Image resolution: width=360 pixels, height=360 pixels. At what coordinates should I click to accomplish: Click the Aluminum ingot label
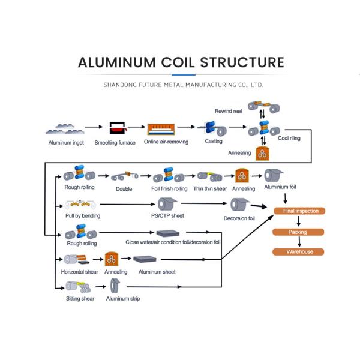pos(66,143)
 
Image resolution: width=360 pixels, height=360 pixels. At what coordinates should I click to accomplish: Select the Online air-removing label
pos(166,142)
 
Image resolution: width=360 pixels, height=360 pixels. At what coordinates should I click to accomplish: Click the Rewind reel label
pos(227,112)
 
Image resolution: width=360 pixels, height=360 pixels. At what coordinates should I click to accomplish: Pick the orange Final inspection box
pos(299,211)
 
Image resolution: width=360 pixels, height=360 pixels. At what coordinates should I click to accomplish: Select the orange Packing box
pos(298,231)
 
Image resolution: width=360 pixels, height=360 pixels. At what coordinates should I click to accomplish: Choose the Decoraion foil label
pos(239,218)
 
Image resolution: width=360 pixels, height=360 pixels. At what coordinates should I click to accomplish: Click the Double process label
pos(124,189)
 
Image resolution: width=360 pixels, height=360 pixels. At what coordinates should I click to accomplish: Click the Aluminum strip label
pos(123,298)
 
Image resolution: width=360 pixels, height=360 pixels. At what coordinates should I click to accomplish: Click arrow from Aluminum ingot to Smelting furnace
pos(93,128)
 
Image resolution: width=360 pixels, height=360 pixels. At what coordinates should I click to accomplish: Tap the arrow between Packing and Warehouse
pos(297,241)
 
